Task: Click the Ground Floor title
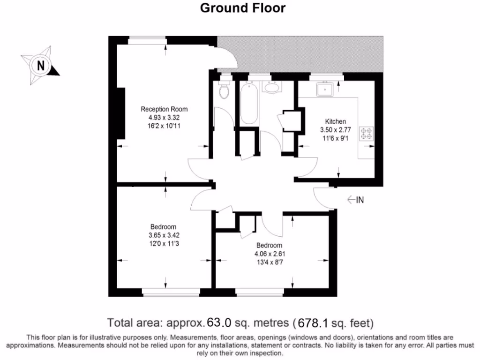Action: pos(242,8)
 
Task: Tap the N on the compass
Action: pos(41,65)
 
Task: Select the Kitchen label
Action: pos(336,121)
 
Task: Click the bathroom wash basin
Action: pos(270,87)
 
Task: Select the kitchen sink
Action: pos(324,88)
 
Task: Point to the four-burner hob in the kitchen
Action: pos(366,133)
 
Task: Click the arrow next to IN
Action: pos(350,200)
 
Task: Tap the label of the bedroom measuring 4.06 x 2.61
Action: pos(270,246)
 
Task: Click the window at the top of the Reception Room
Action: pos(147,40)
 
